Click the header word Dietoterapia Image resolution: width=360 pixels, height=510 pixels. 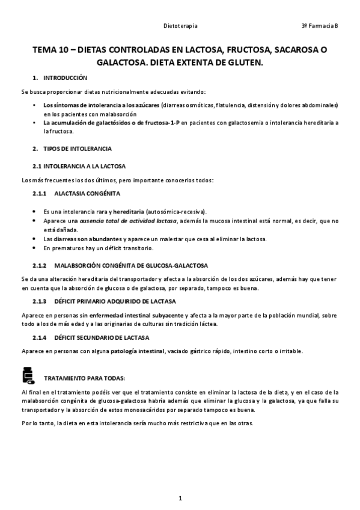point(181,26)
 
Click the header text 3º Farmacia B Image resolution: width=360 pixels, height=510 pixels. point(320,26)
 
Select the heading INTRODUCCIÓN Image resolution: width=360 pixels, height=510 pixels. point(65,78)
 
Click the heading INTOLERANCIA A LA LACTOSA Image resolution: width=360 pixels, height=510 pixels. point(84,165)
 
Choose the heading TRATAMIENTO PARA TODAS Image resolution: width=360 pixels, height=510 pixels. point(85,378)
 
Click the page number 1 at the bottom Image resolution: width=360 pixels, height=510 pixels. point(180,498)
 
